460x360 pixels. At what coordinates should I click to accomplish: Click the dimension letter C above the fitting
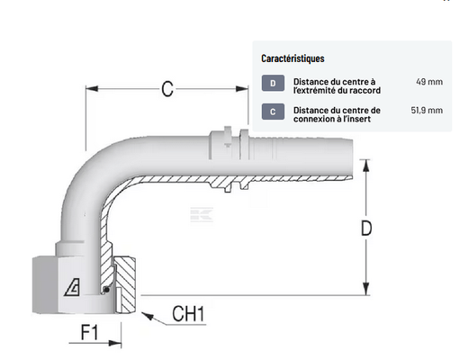[x=167, y=89]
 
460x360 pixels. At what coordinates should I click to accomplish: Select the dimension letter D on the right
[x=366, y=229]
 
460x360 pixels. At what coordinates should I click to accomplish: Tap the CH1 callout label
[x=188, y=314]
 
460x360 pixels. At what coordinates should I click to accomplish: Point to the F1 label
[x=89, y=332]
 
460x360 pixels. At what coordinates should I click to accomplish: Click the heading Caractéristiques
[x=293, y=58]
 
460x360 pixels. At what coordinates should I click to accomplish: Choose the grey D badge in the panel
[x=273, y=83]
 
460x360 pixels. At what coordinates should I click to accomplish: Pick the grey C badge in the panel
[x=273, y=112]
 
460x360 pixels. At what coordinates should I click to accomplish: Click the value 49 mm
[x=429, y=82]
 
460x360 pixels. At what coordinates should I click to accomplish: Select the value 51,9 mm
[x=427, y=110]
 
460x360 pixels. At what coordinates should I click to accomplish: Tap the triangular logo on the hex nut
[x=72, y=287]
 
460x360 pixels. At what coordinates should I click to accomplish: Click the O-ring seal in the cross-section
[x=105, y=289]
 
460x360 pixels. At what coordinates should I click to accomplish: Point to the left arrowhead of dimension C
[x=92, y=88]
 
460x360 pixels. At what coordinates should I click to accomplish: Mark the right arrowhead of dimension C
[x=242, y=89]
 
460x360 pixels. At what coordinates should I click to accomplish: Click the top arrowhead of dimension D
[x=365, y=166]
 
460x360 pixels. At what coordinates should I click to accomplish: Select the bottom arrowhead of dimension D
[x=365, y=289]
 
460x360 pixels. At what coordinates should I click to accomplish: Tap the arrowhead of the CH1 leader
[x=148, y=316]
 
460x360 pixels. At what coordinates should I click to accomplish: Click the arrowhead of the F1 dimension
[x=115, y=343]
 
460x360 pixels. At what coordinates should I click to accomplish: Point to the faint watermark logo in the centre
[x=202, y=215]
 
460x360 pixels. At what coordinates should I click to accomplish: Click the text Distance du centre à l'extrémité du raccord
[x=337, y=85]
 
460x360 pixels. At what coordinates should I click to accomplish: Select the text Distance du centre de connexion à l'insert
[x=337, y=114]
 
